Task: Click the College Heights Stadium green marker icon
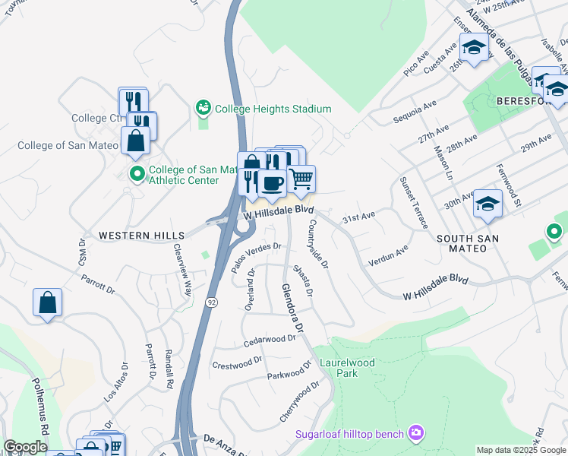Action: [204, 109]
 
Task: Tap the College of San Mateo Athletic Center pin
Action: [137, 174]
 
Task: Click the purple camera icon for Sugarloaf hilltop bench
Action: [415, 433]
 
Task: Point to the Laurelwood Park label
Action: [347, 368]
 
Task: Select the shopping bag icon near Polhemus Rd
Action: [47, 302]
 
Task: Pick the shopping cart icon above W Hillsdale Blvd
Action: [301, 179]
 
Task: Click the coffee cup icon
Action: [272, 182]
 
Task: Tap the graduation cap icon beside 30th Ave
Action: [488, 203]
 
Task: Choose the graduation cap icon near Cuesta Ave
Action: [474, 48]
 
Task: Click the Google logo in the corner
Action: [25, 447]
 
